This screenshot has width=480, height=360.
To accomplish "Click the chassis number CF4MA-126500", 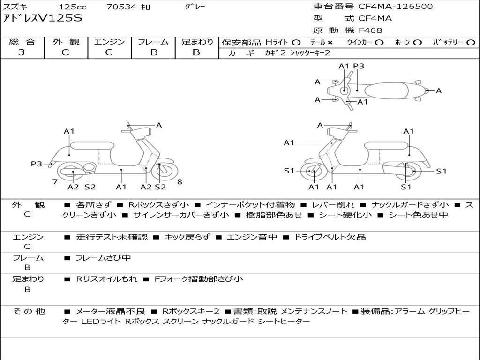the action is tap(395, 7).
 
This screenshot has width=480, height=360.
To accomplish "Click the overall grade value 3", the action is tap(22, 52).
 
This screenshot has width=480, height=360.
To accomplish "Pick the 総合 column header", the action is tap(22, 42).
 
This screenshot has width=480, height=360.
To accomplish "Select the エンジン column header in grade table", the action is tap(109, 42).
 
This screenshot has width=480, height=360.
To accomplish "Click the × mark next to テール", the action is tap(330, 43).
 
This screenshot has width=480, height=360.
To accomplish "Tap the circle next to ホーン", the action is tap(418, 43).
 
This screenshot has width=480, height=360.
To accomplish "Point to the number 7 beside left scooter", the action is tap(55, 181).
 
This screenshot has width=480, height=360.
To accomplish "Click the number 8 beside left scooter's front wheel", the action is tap(179, 181).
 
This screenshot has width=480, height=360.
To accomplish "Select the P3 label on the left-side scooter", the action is tap(37, 164).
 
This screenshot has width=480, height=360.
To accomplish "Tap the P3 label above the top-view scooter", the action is tap(359, 66).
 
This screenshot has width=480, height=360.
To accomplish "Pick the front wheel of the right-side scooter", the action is tap(314, 172).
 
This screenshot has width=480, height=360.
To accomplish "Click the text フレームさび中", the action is tap(103, 258).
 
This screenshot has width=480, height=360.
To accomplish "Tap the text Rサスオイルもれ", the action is tap(107, 279).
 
